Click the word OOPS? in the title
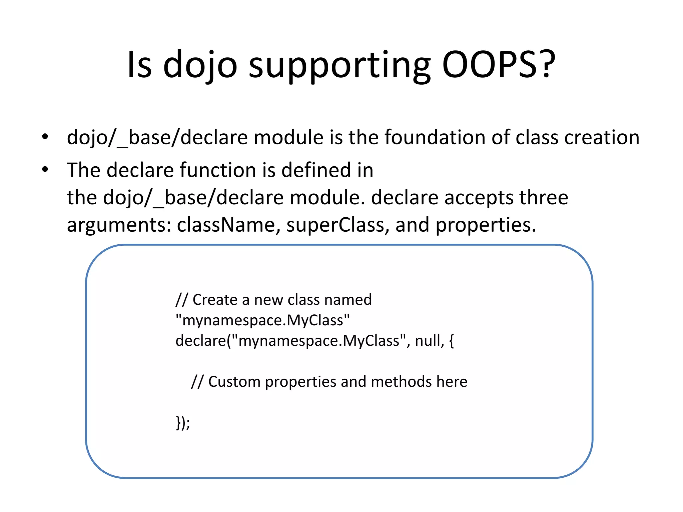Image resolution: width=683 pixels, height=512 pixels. (498, 64)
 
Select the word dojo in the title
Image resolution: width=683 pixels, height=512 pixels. (200, 64)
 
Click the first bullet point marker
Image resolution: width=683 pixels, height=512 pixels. (45, 137)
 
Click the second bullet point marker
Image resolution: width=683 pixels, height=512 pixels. (45, 170)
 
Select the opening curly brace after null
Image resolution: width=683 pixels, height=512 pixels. (451, 341)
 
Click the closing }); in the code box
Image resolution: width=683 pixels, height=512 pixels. (183, 423)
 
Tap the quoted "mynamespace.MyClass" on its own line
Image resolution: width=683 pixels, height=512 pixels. (262, 320)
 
